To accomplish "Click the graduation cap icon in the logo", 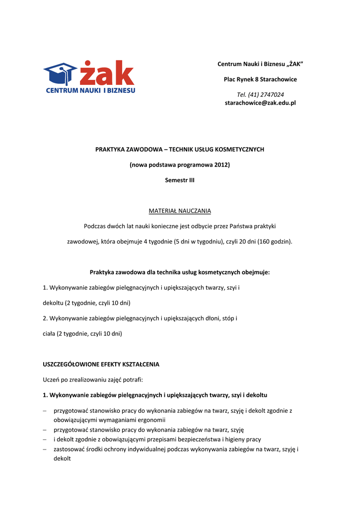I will coord(60,73).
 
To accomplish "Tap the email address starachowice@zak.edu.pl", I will coord(260,103).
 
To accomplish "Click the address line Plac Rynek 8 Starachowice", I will coord(260,79).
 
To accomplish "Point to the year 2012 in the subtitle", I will coord(221,165).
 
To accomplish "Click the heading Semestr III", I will coord(180,180).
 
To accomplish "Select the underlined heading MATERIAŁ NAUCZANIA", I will coord(180,211).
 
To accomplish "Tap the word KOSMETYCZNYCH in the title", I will coord(237,149).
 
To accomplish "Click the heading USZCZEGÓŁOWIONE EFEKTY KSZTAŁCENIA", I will coord(101,364).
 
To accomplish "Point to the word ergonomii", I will coord(151,420).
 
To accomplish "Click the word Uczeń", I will coord(52,380).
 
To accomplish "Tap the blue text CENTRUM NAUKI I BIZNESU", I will coord(90,90).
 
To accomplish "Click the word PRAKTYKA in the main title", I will coord(110,149).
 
